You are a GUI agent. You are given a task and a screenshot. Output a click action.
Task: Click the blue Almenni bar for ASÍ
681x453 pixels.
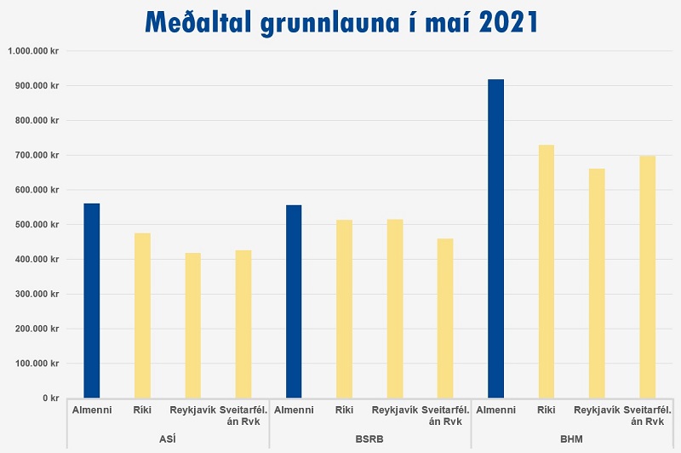[91, 301]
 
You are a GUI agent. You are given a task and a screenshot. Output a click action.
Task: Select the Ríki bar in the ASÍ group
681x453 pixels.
[142, 315]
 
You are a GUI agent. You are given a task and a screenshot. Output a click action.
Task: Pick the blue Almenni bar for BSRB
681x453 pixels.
[294, 301]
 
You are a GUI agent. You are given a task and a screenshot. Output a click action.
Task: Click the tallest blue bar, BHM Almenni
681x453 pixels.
[495, 238]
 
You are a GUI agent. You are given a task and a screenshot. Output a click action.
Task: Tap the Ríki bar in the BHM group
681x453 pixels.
[547, 271]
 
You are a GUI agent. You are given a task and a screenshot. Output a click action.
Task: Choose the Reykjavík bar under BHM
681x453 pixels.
[597, 283]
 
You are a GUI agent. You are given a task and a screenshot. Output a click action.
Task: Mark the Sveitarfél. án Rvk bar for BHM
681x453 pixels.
[647, 277]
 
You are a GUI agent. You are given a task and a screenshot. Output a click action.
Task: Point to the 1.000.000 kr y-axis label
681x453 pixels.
[33, 51]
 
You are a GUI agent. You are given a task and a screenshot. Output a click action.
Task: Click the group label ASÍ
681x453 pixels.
[168, 436]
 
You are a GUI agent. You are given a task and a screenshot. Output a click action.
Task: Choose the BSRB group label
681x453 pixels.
[369, 436]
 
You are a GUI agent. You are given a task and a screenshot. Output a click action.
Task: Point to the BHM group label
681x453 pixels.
[571, 436]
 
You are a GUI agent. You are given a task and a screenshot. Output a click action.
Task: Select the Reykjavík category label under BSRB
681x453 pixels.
[395, 410]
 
